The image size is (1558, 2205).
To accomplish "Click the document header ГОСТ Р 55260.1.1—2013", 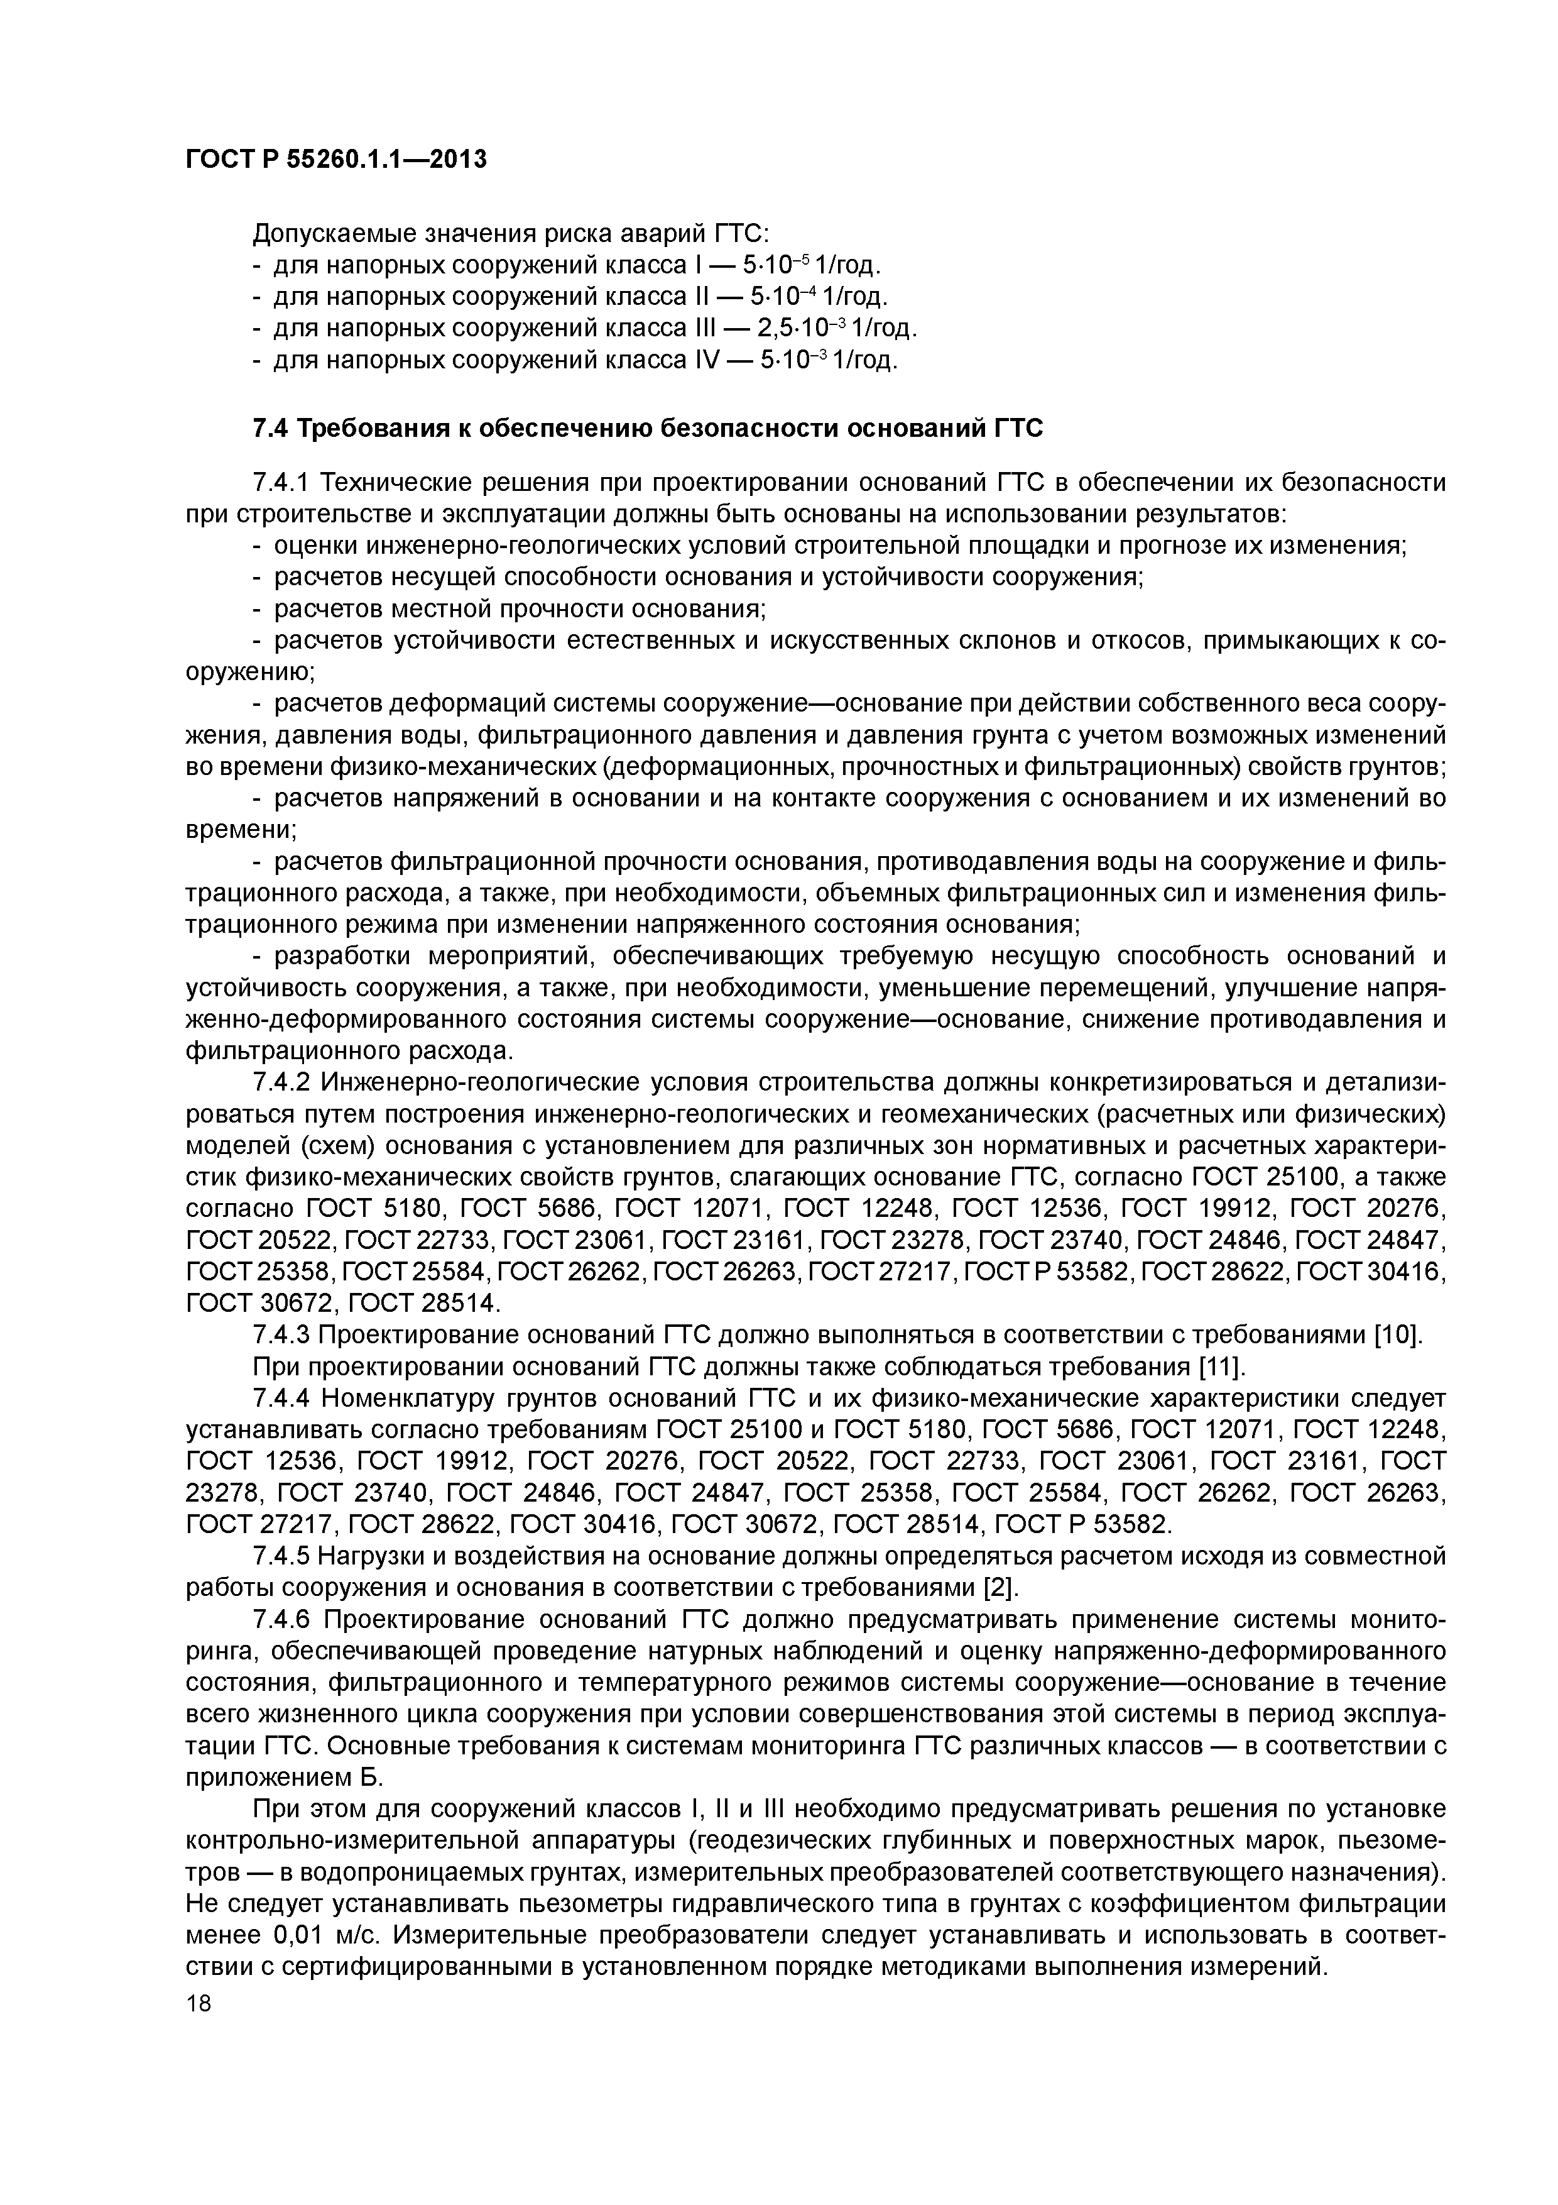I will pos(336,160).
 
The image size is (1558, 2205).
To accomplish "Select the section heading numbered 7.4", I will pos(647,427).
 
